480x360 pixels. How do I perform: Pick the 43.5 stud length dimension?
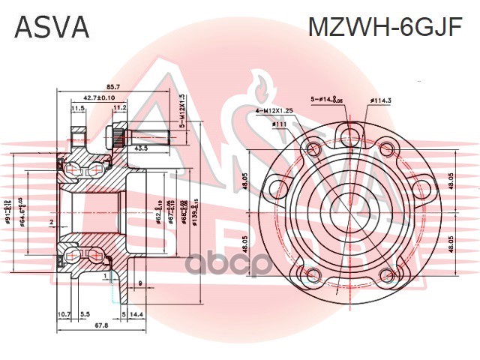point(140,148)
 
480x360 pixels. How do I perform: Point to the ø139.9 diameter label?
point(195,212)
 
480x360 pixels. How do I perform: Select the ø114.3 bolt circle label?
point(382,100)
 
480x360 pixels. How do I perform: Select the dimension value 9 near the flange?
point(140,283)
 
